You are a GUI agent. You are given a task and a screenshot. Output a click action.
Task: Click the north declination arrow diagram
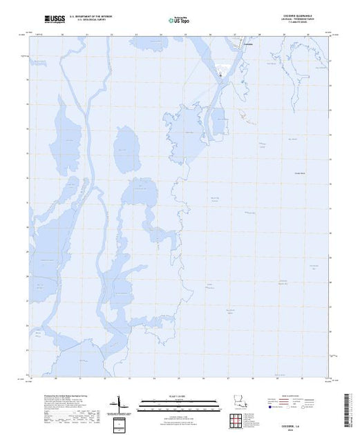pyautogui.click(x=122, y=403)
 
